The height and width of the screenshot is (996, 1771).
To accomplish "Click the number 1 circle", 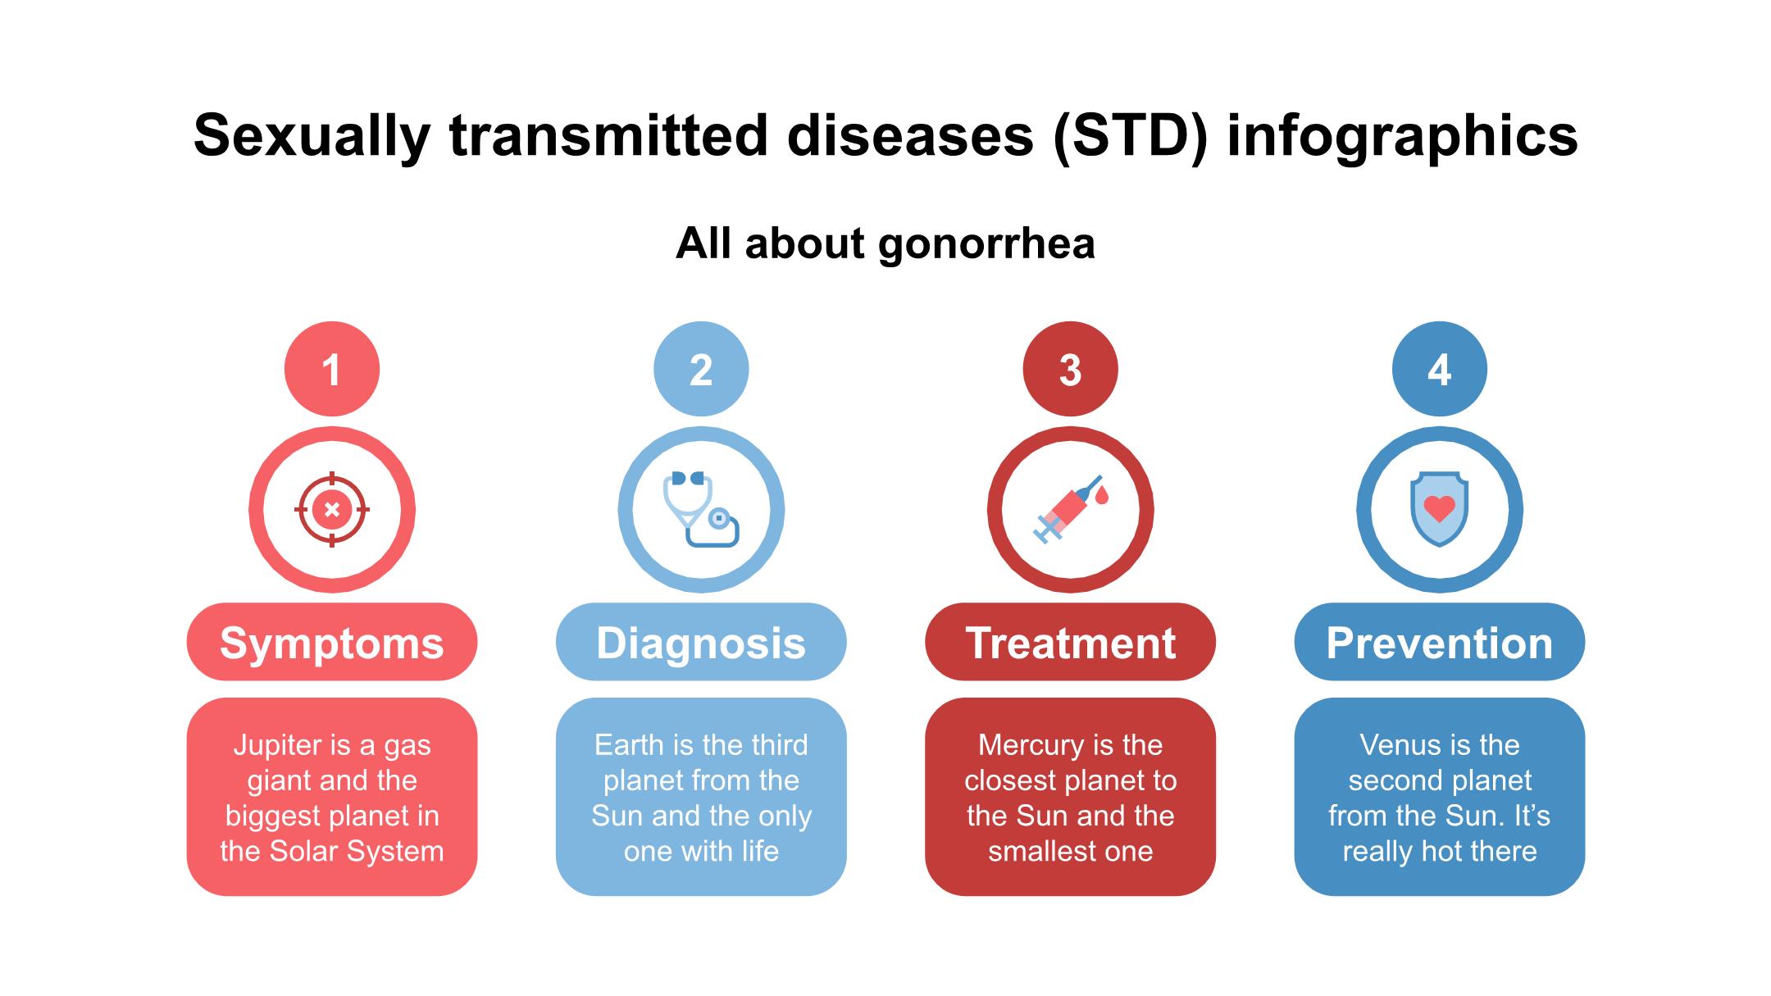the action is [x=332, y=369].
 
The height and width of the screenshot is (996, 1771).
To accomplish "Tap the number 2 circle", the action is [x=701, y=369].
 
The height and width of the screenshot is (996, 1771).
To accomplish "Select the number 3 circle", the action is [x=1070, y=369].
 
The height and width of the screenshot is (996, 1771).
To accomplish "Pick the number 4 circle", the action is [x=1440, y=369].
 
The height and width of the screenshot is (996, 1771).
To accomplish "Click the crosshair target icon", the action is [x=332, y=509].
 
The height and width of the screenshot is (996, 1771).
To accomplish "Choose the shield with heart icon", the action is [x=1440, y=509].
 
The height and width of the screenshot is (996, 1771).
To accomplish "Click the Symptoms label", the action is [x=332, y=642].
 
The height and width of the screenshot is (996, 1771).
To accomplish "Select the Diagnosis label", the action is [x=701, y=642].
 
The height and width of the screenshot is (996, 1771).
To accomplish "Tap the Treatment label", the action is [x=1070, y=642].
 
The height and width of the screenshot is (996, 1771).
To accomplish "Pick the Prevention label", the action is [x=1440, y=642].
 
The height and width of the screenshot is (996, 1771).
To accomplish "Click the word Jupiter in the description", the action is [x=277, y=746].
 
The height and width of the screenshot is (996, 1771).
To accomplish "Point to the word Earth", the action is [x=629, y=745].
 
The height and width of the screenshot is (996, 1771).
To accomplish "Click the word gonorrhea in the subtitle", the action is [x=986, y=244].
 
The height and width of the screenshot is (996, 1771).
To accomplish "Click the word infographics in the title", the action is [x=1403, y=136].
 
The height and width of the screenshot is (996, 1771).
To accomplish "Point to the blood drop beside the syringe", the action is [x=1101, y=495].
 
